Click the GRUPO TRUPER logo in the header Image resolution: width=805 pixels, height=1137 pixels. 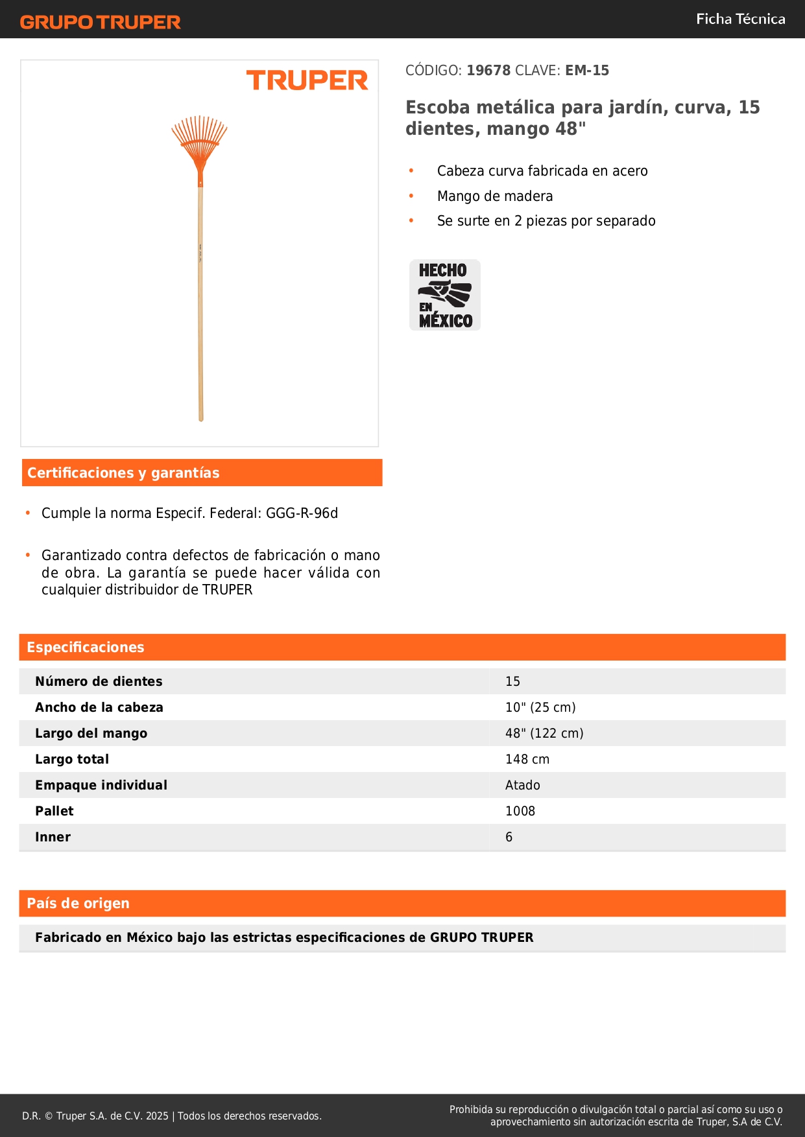101,22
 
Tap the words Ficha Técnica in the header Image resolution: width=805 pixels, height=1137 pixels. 740,19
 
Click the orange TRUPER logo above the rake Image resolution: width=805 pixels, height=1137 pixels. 307,80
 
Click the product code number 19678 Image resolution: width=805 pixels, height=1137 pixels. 488,71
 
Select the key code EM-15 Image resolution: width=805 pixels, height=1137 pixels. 587,71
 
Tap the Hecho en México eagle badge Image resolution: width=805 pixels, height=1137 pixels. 445,295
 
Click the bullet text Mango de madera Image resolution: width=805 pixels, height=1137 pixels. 495,196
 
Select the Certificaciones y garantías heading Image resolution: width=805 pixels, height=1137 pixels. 123,473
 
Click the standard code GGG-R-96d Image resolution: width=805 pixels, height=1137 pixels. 302,513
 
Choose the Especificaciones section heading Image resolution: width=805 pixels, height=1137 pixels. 86,648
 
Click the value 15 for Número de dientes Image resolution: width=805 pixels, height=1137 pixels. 512,681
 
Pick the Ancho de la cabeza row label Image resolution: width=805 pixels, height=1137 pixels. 99,707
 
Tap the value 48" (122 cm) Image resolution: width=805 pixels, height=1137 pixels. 544,733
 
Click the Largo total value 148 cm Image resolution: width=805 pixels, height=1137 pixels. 527,759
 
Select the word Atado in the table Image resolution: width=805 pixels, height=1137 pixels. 522,785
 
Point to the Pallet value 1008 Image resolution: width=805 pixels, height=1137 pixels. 520,811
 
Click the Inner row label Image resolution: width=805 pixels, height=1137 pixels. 53,837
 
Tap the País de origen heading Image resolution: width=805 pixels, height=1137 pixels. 78,904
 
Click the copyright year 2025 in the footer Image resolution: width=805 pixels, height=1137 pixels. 157,1116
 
